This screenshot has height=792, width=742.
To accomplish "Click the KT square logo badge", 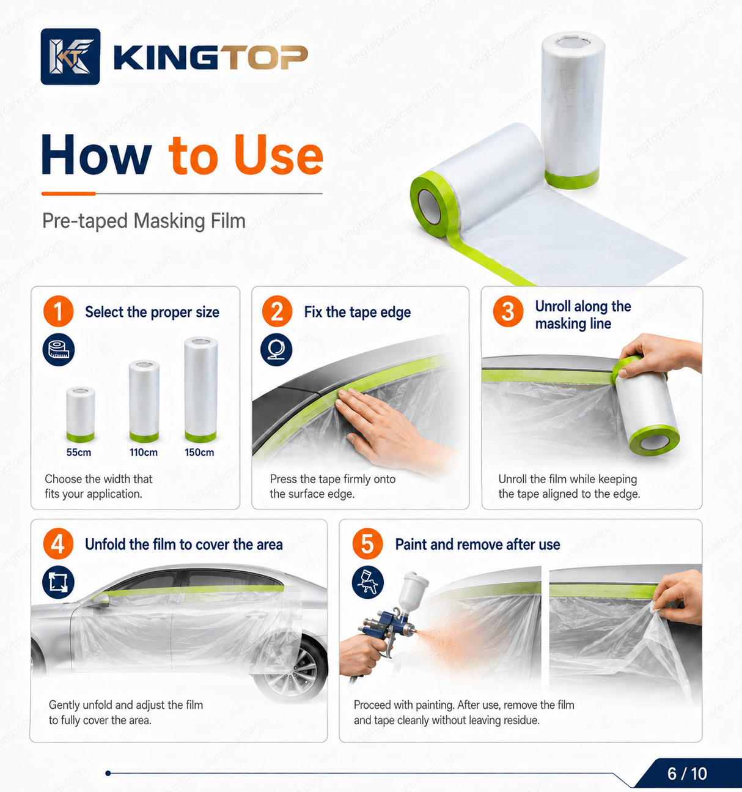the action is [70, 57].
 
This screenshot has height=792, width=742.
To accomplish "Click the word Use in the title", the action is [278, 155].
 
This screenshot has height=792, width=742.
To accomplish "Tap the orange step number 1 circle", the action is [58, 311].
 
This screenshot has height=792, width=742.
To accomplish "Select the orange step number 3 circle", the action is [508, 311].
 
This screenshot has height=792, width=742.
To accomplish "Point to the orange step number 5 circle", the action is [367, 544].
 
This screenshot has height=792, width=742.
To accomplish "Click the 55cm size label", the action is [79, 452].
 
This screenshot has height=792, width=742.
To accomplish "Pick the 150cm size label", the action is [199, 452].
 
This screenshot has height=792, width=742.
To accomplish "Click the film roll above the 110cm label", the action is [144, 401].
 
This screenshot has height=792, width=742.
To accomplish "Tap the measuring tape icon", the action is [58, 350].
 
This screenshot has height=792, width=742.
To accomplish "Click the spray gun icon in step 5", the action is [367, 583].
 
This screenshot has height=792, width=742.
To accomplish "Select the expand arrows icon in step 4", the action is [58, 582].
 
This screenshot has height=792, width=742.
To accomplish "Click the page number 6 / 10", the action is [687, 774].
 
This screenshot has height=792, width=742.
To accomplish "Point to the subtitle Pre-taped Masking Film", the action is [144, 221].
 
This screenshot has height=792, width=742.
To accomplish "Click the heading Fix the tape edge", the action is [357, 312].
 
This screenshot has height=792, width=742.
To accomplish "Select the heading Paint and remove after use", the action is [477, 544].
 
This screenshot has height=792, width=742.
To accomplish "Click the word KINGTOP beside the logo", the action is [211, 58].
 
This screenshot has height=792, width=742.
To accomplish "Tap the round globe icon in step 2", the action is [276, 350].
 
